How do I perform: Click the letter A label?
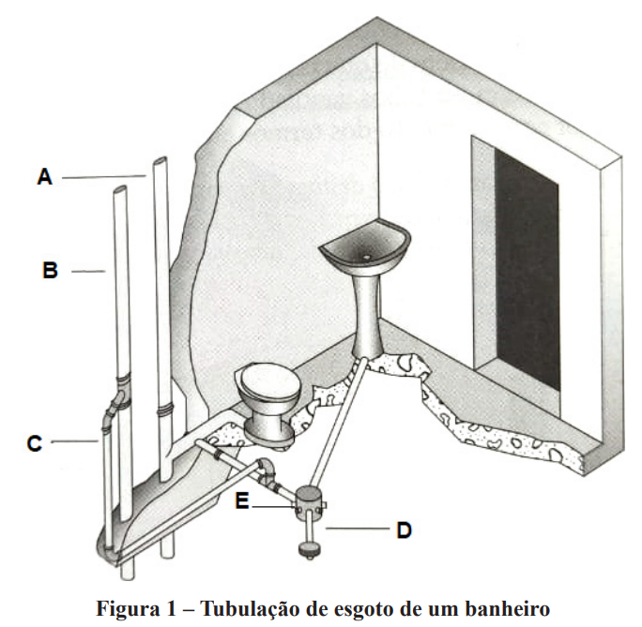click(x=44, y=175)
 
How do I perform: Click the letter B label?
click(x=51, y=271)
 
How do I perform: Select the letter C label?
click(x=35, y=441)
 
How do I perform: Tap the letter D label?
click(x=404, y=530)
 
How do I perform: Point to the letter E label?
click(x=243, y=502)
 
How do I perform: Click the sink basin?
click(x=363, y=246)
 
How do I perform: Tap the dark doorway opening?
click(x=526, y=272)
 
